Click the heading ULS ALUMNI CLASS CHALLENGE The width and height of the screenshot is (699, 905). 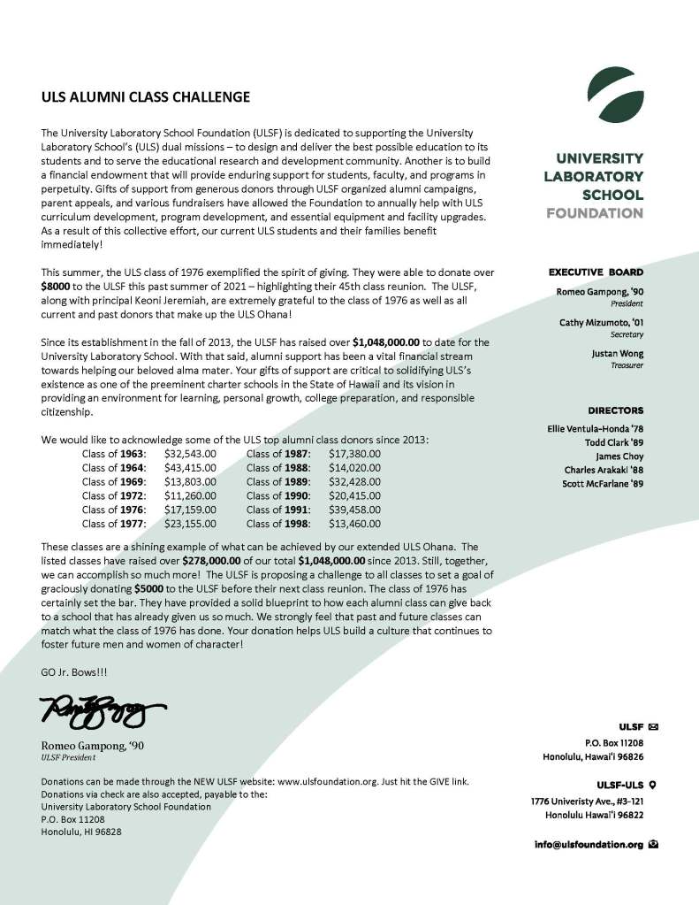pyautogui.click(x=145, y=96)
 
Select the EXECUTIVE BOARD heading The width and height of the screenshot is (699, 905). pyautogui.click(x=596, y=272)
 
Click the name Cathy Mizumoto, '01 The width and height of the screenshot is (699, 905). pyautogui.click(x=601, y=323)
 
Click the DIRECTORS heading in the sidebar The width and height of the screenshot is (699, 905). pyautogui.click(x=615, y=410)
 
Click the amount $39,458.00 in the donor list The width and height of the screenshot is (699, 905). pyautogui.click(x=354, y=509)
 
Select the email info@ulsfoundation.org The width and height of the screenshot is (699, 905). pyautogui.click(x=589, y=845)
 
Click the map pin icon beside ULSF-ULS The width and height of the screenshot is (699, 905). pyautogui.click(x=652, y=784)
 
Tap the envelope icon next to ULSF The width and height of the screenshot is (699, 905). pyautogui.click(x=653, y=727)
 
